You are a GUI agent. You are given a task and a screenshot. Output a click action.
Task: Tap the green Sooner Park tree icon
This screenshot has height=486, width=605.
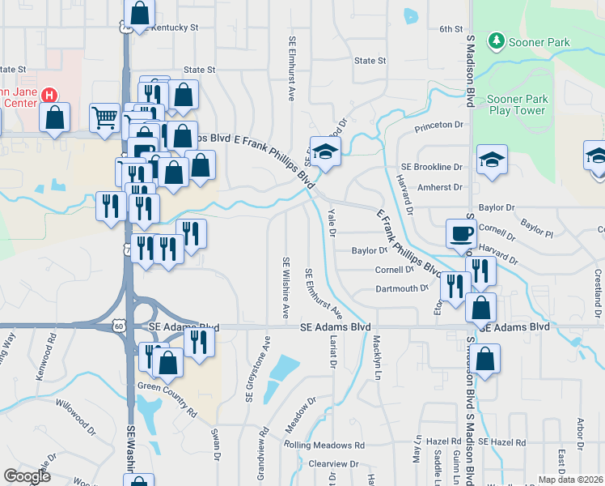(495, 40)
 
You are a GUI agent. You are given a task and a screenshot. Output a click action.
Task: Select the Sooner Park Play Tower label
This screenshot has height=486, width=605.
(517, 105)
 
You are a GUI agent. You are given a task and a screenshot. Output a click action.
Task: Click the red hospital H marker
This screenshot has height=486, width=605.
(51, 95)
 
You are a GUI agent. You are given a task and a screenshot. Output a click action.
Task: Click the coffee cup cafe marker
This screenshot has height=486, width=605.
(462, 234)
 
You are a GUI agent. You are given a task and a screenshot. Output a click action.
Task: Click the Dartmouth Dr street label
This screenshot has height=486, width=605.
(402, 288)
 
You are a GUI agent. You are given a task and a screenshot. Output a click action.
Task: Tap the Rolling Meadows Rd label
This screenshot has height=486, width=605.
(324, 446)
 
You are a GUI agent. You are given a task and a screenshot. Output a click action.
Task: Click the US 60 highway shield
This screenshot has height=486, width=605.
(119, 326)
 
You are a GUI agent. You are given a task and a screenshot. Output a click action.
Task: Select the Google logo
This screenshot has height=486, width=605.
(27, 475)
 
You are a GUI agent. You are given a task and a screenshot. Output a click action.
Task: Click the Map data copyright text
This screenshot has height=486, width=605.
(570, 480)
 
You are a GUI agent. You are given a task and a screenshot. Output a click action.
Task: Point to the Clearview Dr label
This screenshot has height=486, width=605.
(333, 463)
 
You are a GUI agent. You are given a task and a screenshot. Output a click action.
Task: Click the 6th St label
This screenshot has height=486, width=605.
(451, 29)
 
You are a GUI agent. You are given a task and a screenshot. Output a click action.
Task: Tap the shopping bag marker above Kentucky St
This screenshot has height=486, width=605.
(139, 14)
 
